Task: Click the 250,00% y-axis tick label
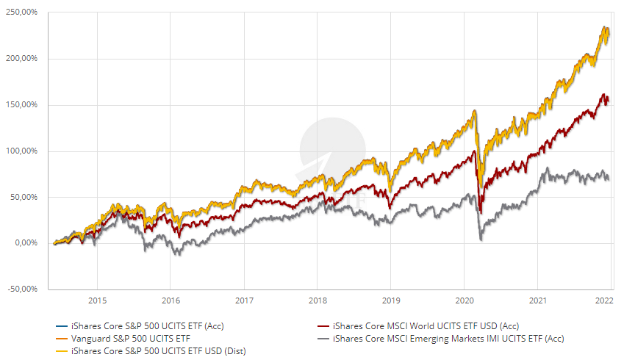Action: click(x=22, y=13)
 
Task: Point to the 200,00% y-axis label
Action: click(x=22, y=59)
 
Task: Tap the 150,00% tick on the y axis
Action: click(x=22, y=105)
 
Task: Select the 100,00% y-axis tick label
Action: click(x=22, y=151)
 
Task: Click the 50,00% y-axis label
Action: click(x=24, y=197)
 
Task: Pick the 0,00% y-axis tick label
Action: click(x=26, y=243)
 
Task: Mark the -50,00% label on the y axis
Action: click(x=24, y=289)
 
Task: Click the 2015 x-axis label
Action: click(x=97, y=300)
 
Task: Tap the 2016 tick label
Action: click(x=171, y=300)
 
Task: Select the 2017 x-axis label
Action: click(x=244, y=300)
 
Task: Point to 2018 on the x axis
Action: click(x=318, y=300)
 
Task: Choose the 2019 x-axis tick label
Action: click(x=390, y=300)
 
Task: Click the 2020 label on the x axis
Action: click(x=464, y=300)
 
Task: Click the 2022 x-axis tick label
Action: click(x=604, y=300)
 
